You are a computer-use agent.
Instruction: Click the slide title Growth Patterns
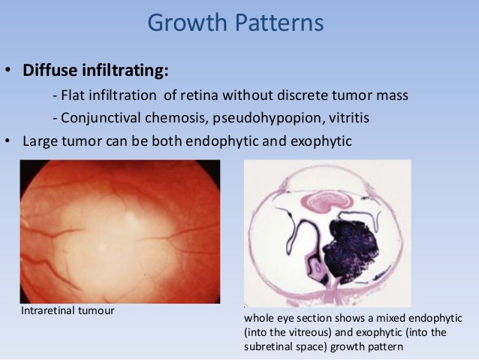[235, 23]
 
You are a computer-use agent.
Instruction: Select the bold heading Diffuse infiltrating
[96, 71]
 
